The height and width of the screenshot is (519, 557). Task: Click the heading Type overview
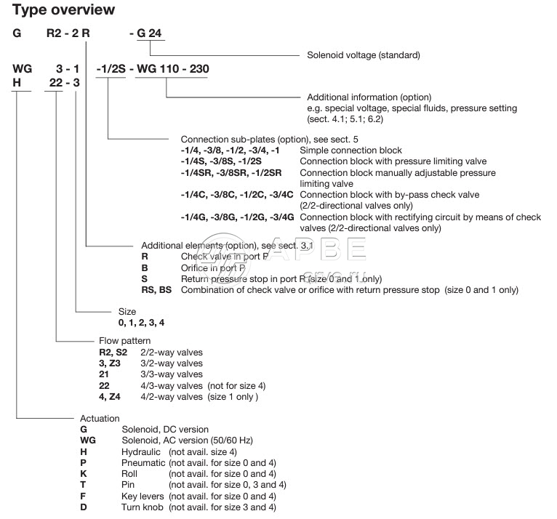click(x=63, y=10)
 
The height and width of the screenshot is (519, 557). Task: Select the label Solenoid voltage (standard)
click(x=363, y=55)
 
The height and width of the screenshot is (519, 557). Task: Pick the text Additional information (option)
click(x=369, y=97)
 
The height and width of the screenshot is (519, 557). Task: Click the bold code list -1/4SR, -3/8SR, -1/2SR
click(x=236, y=173)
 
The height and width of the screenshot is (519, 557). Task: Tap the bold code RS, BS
click(x=156, y=290)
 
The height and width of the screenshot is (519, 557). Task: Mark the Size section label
click(x=127, y=311)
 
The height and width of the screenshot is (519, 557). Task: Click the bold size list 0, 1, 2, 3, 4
click(x=137, y=321)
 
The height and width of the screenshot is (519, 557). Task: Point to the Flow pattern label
click(x=125, y=341)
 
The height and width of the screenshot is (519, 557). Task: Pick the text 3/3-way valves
click(x=172, y=374)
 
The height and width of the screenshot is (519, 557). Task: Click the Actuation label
click(x=100, y=419)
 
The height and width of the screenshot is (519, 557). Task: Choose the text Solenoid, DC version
click(x=165, y=430)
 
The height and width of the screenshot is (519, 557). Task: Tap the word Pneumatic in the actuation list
click(x=143, y=463)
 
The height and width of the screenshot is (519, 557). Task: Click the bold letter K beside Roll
click(x=84, y=474)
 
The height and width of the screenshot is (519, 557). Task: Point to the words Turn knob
click(x=143, y=507)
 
